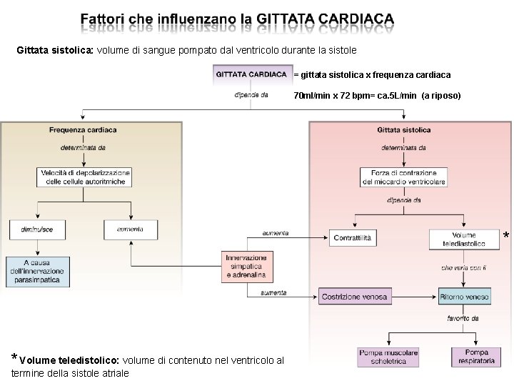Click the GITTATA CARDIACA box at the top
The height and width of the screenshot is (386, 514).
point(251,74)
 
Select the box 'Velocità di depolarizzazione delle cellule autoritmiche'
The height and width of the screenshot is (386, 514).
point(85,177)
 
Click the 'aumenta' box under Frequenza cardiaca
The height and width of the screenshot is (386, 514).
point(131,229)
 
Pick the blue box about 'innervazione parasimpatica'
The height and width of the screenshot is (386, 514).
point(37,272)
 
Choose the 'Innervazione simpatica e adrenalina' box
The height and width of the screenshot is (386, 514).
point(246,266)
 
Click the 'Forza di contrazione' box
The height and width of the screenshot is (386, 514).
point(403,177)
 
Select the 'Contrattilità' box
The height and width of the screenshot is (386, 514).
point(353,238)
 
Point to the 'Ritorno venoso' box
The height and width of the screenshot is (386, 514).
point(464,297)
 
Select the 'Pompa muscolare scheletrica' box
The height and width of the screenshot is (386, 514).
point(387,357)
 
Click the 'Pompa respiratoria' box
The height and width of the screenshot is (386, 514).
point(476,357)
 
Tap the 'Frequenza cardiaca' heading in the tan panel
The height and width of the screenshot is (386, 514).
point(83,130)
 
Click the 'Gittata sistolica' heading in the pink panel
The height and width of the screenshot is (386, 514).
point(403,130)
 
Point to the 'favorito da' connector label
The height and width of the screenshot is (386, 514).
point(463,318)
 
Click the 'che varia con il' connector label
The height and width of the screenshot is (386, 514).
point(463,267)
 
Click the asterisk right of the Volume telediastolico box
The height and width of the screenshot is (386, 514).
point(506,235)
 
